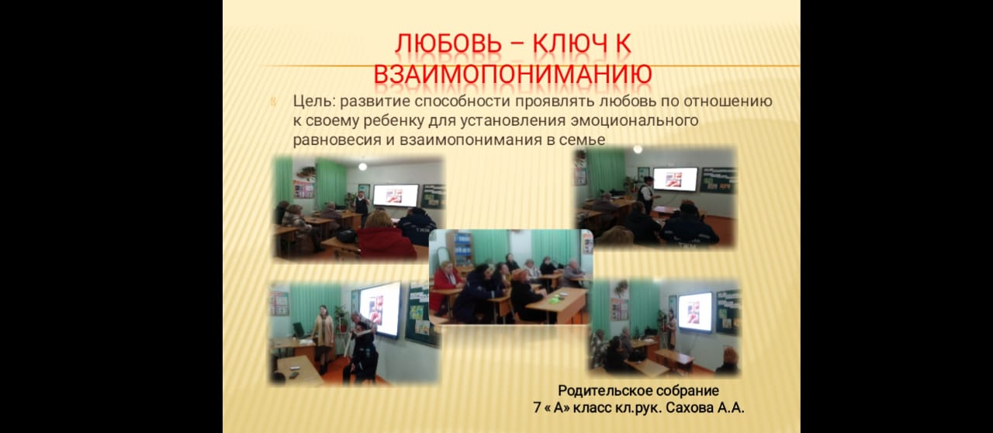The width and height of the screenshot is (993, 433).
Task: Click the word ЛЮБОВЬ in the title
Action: tap(448, 43)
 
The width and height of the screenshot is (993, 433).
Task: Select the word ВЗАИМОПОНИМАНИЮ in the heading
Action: tap(513, 74)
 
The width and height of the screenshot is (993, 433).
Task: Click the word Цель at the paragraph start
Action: tap(314, 102)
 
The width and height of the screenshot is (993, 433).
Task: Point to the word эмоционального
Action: tap(635, 121)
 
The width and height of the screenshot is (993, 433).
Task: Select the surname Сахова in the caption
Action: tap(690, 407)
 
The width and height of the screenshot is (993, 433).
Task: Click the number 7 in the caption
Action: tap(537, 407)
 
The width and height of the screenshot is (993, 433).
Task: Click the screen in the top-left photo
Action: tap(396, 196)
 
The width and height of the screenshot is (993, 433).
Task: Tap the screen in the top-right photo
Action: tap(675, 178)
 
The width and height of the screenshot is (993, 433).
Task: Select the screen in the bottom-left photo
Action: tap(380, 309)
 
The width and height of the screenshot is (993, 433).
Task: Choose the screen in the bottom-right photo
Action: tap(695, 312)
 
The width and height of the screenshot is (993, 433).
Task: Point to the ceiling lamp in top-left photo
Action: tap(362, 166)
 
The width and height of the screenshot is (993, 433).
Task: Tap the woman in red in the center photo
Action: tap(447, 286)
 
